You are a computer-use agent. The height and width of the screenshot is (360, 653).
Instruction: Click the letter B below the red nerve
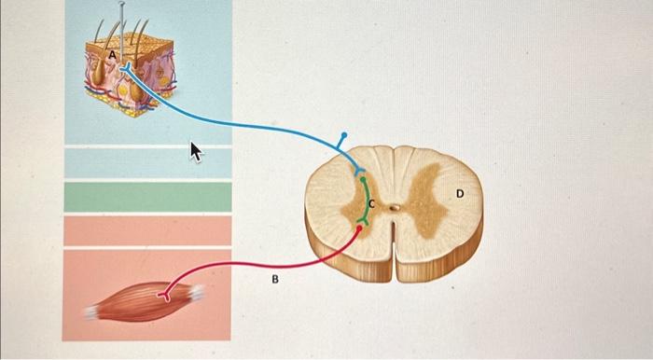click(275, 278)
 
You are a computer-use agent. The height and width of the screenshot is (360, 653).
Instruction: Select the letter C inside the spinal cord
click(371, 202)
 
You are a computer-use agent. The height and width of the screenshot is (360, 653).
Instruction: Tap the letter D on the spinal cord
click(459, 193)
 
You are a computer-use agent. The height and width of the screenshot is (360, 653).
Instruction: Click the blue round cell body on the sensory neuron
click(343, 136)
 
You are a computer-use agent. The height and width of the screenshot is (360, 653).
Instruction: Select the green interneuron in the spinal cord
click(366, 198)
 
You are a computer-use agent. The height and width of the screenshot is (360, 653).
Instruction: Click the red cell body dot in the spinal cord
click(359, 228)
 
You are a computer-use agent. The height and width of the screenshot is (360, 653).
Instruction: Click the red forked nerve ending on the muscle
click(166, 297)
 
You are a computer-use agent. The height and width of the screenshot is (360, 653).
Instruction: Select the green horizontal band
click(147, 197)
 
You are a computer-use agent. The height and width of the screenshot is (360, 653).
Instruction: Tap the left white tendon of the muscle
click(90, 311)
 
